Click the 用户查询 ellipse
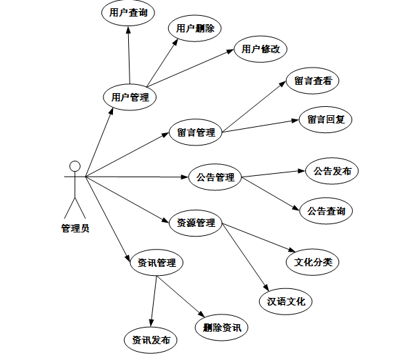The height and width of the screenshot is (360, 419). [x=128, y=12]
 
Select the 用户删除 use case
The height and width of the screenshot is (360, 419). [x=195, y=28]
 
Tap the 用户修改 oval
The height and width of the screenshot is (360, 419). [x=260, y=49]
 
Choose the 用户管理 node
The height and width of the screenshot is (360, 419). [x=130, y=97]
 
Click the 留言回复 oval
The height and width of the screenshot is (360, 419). [x=326, y=119]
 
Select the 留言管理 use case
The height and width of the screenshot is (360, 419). [x=196, y=132]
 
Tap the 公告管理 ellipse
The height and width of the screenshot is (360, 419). [x=215, y=177]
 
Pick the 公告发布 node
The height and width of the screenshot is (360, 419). [x=332, y=171]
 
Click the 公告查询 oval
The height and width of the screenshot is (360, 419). [x=326, y=210]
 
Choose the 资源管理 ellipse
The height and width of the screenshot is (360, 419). [x=196, y=223]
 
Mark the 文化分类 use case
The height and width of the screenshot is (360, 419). [x=313, y=262]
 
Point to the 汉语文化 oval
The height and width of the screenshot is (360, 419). [x=286, y=301]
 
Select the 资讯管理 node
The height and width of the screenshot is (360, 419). [x=156, y=263]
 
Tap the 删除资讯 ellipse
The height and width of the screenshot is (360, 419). [x=221, y=327]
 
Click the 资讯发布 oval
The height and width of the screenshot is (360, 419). [x=151, y=340]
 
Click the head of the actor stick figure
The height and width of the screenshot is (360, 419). [x=75, y=166]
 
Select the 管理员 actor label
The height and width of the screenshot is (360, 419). [x=75, y=228]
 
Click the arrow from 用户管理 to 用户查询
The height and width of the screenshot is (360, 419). [x=129, y=55]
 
